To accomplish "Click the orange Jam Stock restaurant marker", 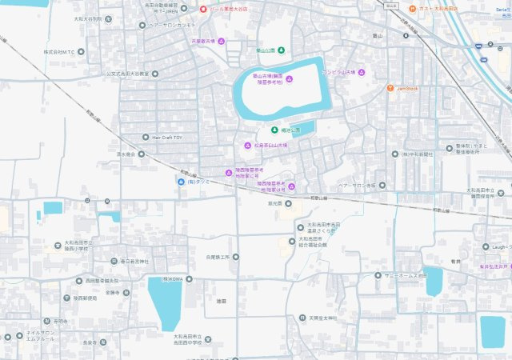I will [390, 88].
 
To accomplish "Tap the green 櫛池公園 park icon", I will [274, 130].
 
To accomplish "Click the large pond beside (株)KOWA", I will [166, 302].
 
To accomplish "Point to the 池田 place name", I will [222, 301].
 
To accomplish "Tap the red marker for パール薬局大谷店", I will [204, 10].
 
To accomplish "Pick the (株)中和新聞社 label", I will [416, 154].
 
